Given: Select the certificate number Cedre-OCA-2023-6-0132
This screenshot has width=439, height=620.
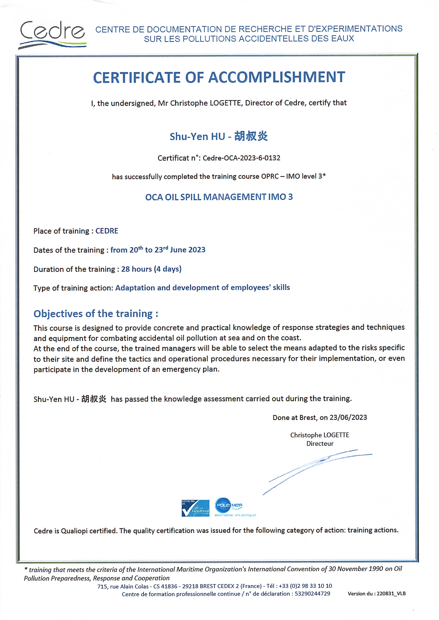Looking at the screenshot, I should pyautogui.click(x=241, y=158).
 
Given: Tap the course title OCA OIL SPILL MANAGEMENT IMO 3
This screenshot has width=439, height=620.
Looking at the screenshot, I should pyautogui.click(x=219, y=197).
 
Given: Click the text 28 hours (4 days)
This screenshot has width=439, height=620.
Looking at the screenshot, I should pyautogui.click(x=151, y=269).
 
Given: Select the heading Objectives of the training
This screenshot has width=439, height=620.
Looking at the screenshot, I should pyautogui.click(x=96, y=314).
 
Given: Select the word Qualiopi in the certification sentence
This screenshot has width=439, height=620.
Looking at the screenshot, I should pyautogui.click(x=74, y=531).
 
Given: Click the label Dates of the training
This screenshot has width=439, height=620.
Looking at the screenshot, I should pyautogui.click(x=69, y=250).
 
